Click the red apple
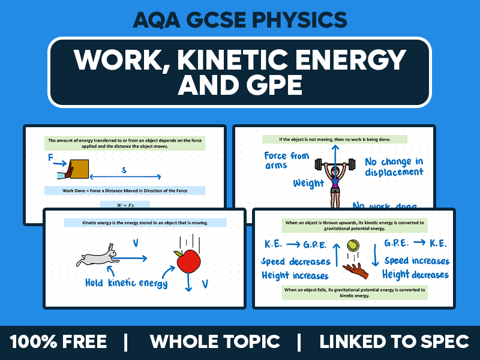[188, 260]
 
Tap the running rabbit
[97, 258]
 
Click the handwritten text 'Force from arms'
[287, 160]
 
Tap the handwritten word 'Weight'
[308, 182]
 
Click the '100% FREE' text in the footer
[58, 342]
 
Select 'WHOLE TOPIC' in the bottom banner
[215, 342]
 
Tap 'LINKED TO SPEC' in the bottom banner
[394, 342]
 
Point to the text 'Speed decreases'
[296, 262]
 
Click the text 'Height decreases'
[416, 275]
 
